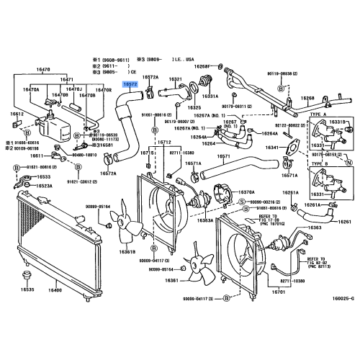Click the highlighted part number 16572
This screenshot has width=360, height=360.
(x=130, y=84)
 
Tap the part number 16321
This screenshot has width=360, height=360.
(x=176, y=78)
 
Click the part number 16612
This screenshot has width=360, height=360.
(x=17, y=114)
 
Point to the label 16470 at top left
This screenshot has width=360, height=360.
(x=43, y=69)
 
